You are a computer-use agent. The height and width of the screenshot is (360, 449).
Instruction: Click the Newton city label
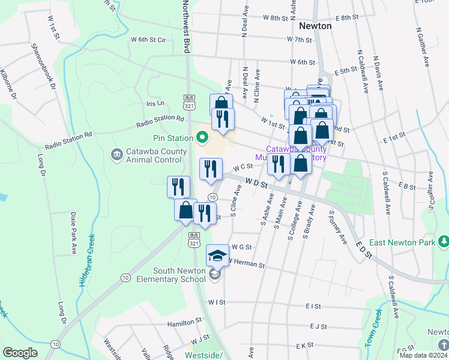click(x=315, y=27)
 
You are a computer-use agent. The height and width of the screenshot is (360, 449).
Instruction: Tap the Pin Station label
click(x=176, y=138)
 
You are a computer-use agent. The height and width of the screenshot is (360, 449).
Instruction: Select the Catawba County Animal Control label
click(x=153, y=155)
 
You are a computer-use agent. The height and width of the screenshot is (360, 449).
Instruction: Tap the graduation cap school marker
click(x=217, y=256)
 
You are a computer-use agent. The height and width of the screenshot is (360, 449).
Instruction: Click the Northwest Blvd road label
click(x=186, y=27)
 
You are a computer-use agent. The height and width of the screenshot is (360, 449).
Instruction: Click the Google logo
click(x=20, y=353)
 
